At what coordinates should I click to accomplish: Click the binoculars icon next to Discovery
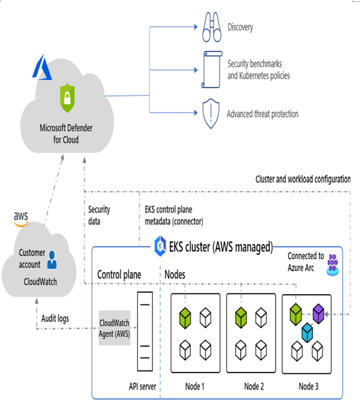212,27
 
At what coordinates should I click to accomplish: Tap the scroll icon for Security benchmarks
212,70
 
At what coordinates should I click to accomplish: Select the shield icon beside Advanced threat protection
211,113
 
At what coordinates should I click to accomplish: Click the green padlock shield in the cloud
68,98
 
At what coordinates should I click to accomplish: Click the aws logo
21,219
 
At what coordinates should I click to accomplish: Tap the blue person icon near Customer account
52,260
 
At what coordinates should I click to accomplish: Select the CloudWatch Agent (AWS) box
114,328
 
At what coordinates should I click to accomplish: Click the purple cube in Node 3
318,313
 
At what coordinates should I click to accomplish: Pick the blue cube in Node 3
307,333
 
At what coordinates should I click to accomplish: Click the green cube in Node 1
185,318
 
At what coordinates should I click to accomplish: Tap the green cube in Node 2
241,317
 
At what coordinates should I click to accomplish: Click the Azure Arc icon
333,265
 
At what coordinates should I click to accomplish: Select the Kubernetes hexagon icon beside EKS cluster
160,246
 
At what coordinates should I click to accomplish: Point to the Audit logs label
55,319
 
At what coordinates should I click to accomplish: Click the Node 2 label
254,386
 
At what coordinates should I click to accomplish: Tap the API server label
142,386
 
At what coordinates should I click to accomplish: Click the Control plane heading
119,275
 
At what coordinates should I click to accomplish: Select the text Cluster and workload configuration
303,180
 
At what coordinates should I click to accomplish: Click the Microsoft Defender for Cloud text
66,134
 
